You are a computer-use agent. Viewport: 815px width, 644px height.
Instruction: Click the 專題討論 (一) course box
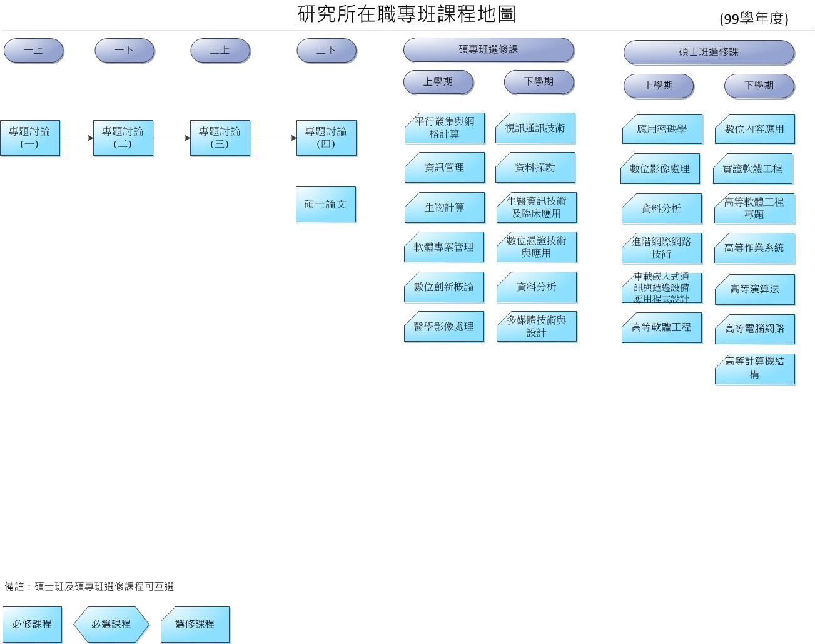[x=29, y=138]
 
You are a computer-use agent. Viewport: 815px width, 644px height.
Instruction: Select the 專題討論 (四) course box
[x=326, y=138]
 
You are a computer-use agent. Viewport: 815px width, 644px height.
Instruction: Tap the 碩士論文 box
[x=325, y=204]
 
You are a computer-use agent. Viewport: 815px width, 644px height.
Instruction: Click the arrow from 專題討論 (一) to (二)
[x=76, y=138]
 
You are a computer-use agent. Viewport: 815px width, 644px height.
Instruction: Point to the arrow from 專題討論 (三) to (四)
[x=273, y=138]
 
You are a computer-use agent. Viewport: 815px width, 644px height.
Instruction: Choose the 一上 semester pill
[x=33, y=50]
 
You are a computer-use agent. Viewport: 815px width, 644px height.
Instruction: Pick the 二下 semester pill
[x=326, y=50]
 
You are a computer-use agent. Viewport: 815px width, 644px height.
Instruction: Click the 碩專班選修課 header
[x=488, y=49]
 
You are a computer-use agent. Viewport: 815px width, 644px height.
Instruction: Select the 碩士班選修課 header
[x=708, y=52]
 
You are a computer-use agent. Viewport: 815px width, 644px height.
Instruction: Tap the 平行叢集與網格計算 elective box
[x=444, y=128]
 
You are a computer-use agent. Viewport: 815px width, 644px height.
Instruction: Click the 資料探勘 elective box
[x=535, y=168]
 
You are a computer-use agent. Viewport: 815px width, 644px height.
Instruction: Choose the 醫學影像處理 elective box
[x=444, y=327]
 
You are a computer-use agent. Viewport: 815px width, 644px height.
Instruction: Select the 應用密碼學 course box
[x=662, y=129]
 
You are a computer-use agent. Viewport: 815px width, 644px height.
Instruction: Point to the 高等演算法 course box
[x=754, y=289]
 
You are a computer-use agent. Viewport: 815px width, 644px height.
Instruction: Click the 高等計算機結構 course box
[x=754, y=368]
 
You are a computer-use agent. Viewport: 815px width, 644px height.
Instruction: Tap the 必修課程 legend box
[x=32, y=624]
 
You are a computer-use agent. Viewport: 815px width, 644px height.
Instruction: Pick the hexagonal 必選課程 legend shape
[x=111, y=624]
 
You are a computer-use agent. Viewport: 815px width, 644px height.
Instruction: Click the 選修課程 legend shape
[x=195, y=624]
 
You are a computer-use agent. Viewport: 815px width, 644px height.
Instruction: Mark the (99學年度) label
[x=754, y=19]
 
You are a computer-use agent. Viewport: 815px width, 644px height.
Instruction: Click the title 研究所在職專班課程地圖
[x=407, y=14]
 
